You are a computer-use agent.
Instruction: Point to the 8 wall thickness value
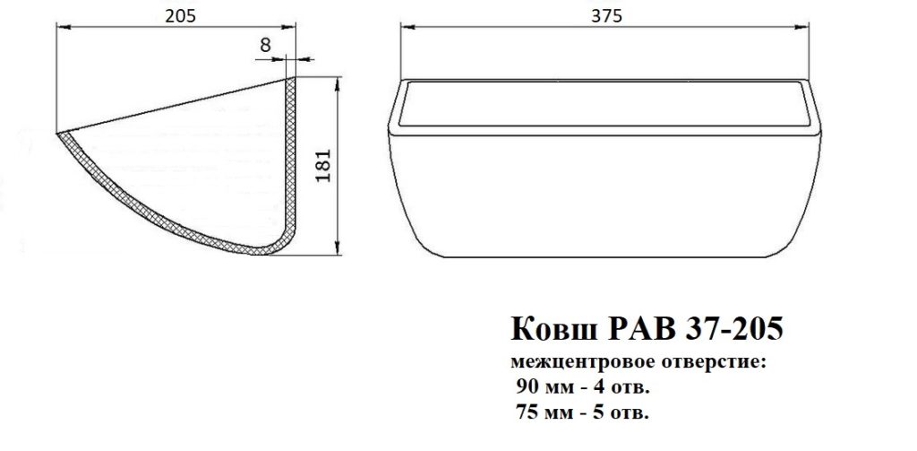[x=265, y=45]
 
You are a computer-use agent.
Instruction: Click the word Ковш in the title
[x=553, y=329]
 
